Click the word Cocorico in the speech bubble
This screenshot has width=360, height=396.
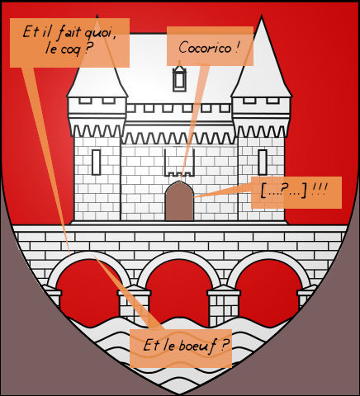205,48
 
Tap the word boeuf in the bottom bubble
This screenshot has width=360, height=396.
197,346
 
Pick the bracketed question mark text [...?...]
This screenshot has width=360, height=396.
283,191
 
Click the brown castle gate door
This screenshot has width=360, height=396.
179,201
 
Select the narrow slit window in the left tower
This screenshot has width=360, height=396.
96,163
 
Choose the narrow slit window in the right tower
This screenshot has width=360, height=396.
263,163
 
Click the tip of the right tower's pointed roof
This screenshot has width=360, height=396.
261,16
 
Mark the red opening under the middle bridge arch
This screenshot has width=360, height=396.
179,291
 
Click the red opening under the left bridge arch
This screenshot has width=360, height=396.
88,291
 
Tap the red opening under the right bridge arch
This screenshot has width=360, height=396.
268,291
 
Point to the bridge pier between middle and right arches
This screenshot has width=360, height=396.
224,305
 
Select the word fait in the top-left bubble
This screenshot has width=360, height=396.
69,32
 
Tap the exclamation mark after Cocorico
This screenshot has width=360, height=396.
237,47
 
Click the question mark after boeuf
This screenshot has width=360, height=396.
225,345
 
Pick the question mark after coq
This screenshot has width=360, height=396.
88,49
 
